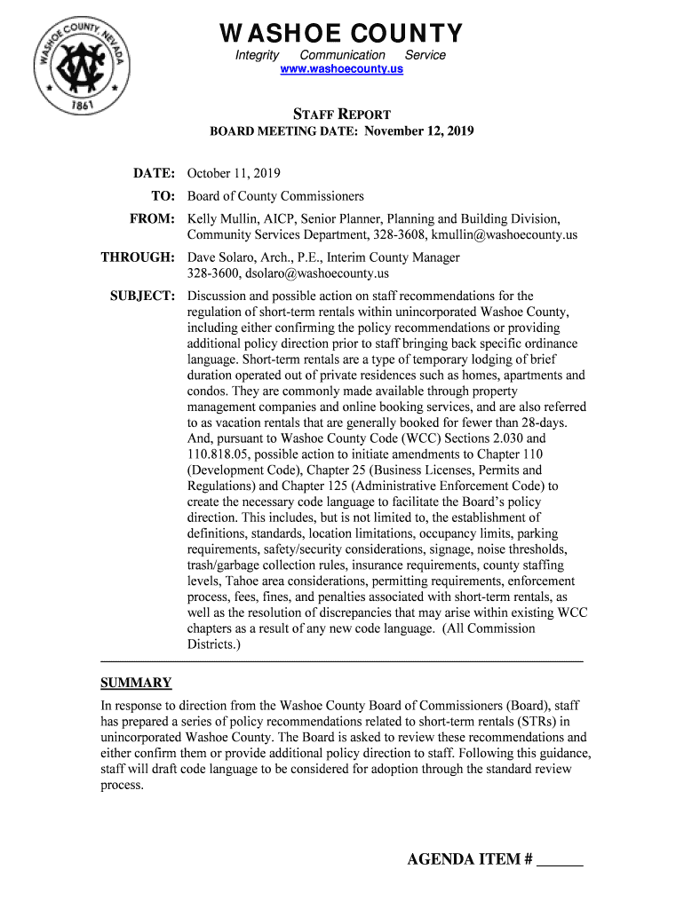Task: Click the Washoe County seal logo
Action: pos(82,66)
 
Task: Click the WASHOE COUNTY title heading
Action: pos(342,34)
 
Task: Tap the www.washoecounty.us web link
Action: pos(342,68)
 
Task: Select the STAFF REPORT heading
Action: pos(342,115)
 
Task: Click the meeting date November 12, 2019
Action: pos(418,131)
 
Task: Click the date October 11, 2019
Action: pos(234,174)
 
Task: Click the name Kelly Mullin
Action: pos(219,219)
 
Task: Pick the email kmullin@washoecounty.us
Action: pos(505,235)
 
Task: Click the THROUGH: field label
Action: pos(137,257)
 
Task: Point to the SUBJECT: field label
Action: pos(141,296)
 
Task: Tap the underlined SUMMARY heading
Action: pos(136,683)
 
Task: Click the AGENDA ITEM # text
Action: pos(469,859)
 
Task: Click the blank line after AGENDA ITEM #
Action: pos(561,861)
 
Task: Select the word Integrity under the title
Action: pos(257,55)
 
